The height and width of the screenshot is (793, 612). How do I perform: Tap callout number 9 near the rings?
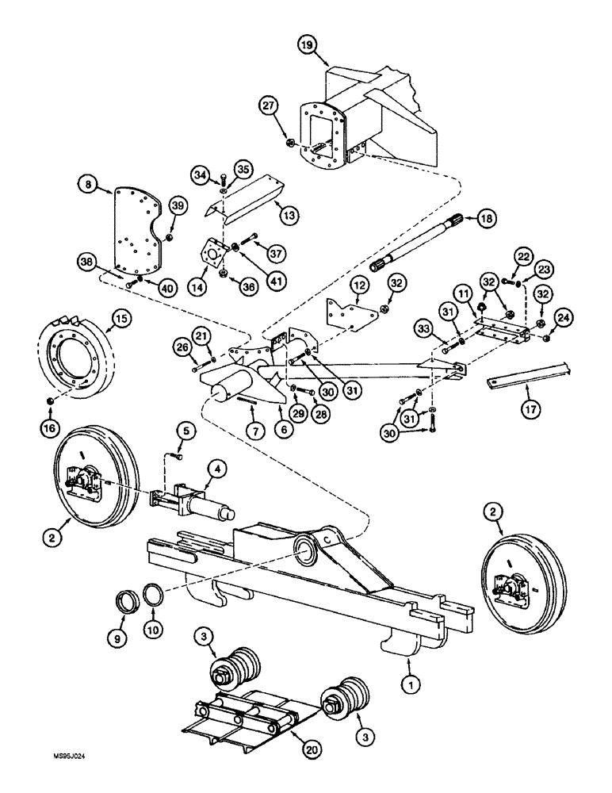[x=117, y=635]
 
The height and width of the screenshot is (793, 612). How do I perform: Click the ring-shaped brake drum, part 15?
[x=75, y=361]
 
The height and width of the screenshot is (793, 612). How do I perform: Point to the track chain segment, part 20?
[x=238, y=725]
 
